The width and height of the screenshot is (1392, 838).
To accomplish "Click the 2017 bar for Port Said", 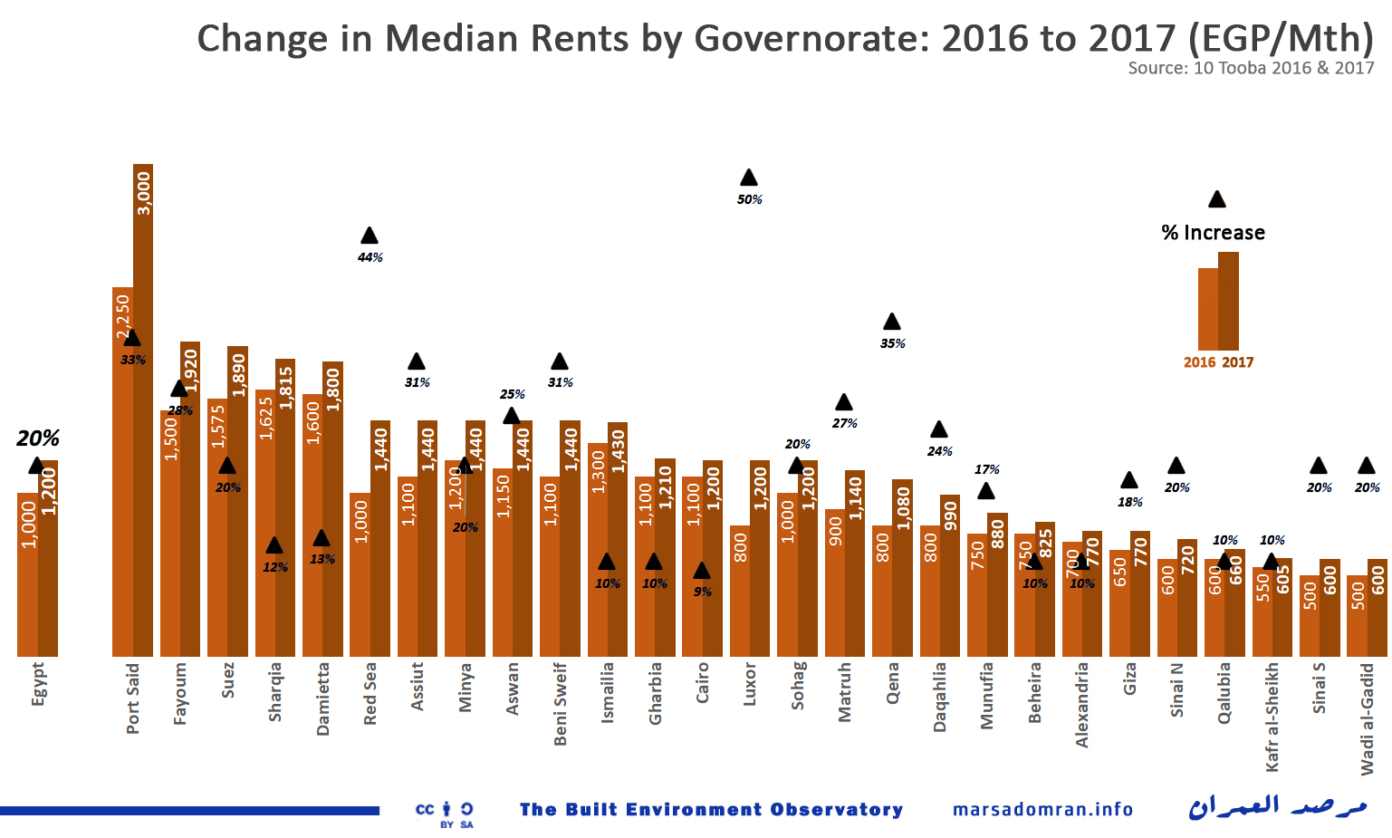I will coord(143,408).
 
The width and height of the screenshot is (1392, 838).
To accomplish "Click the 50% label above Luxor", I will coord(749,199).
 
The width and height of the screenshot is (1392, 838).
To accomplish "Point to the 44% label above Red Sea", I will coord(370,257).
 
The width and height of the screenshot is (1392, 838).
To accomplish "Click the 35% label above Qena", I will coord(892,343).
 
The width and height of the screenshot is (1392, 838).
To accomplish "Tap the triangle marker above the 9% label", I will coord(702,571).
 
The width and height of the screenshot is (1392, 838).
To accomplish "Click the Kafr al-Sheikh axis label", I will coord(1272,717).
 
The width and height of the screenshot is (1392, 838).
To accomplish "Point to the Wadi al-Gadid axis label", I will coord(1367,718).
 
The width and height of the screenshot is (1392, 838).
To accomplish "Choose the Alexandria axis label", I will coord(1082,705).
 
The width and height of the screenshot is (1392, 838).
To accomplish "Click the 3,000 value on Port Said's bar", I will coord(143,193).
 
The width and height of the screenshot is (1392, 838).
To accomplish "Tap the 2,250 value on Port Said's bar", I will coord(123,316).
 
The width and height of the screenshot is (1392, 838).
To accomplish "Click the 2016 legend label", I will coord(1199,362).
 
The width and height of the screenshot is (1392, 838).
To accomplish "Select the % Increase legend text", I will coord(1213,233).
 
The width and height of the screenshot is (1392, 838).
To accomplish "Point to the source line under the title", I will coord(1251,68).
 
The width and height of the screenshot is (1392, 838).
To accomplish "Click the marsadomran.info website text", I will coord(1042,809).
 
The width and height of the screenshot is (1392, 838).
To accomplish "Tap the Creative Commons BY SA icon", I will coord(445,813).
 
